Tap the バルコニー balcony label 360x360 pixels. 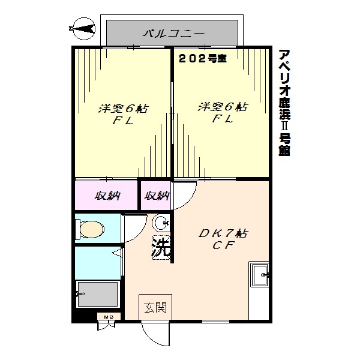pos(174,32)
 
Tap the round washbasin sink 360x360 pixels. pos(161,224)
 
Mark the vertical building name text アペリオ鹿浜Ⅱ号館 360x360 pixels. pos(284,102)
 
